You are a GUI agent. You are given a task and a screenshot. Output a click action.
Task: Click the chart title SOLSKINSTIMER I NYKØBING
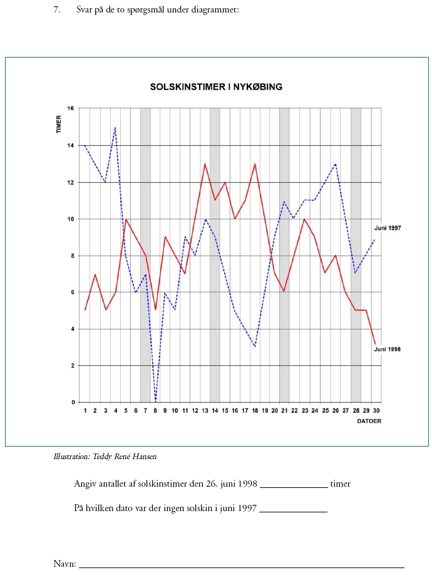point(216,87)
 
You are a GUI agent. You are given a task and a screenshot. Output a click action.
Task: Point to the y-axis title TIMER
point(58,124)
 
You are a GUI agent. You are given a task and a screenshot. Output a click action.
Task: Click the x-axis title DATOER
point(368,421)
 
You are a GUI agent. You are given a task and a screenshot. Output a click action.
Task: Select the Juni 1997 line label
point(388,228)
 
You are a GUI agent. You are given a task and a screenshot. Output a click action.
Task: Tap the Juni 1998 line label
point(388,349)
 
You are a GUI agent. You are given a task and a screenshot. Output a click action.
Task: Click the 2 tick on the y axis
point(72,366)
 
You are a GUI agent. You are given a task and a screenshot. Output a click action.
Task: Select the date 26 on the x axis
point(336,410)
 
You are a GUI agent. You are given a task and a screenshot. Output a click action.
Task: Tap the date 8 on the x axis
point(155,410)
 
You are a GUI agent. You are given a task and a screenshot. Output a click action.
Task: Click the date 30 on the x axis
point(376,410)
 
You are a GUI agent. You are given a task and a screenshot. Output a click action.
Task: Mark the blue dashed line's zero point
point(155,401)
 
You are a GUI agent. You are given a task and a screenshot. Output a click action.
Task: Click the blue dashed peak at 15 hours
point(115,127)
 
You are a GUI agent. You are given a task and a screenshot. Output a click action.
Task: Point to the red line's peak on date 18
point(255,164)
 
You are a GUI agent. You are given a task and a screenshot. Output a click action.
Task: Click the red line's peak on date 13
point(205,164)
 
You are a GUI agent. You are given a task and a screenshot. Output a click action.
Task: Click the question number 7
point(57,10)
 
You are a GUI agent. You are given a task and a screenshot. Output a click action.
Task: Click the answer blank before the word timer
point(294,484)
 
